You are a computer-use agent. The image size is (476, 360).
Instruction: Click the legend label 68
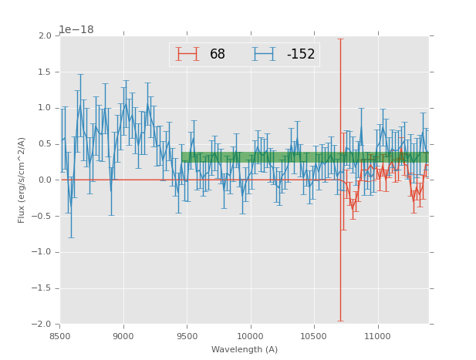(x=218, y=55)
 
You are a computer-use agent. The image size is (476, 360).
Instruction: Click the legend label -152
(x=301, y=55)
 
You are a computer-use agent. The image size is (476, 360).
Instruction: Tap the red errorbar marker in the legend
(x=187, y=54)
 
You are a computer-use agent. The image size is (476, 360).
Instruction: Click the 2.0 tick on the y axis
(x=44, y=36)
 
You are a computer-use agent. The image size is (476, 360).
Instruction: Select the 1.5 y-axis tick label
(x=44, y=72)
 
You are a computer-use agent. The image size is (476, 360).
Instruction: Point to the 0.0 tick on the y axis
(x=44, y=180)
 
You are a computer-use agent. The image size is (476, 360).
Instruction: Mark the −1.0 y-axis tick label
(x=42, y=252)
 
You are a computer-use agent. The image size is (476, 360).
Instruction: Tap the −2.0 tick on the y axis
(x=42, y=325)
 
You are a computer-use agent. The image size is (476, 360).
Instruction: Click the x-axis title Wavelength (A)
(x=245, y=350)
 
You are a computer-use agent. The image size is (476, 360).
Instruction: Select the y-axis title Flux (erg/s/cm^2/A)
(x=22, y=180)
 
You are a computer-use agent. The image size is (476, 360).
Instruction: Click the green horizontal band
(x=305, y=157)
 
